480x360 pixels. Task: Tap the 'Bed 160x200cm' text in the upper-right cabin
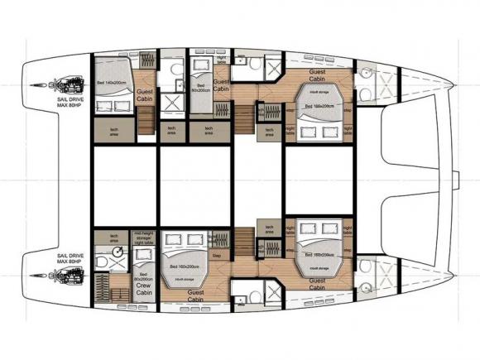[319, 106]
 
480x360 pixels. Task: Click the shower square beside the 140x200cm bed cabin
[172, 101]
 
